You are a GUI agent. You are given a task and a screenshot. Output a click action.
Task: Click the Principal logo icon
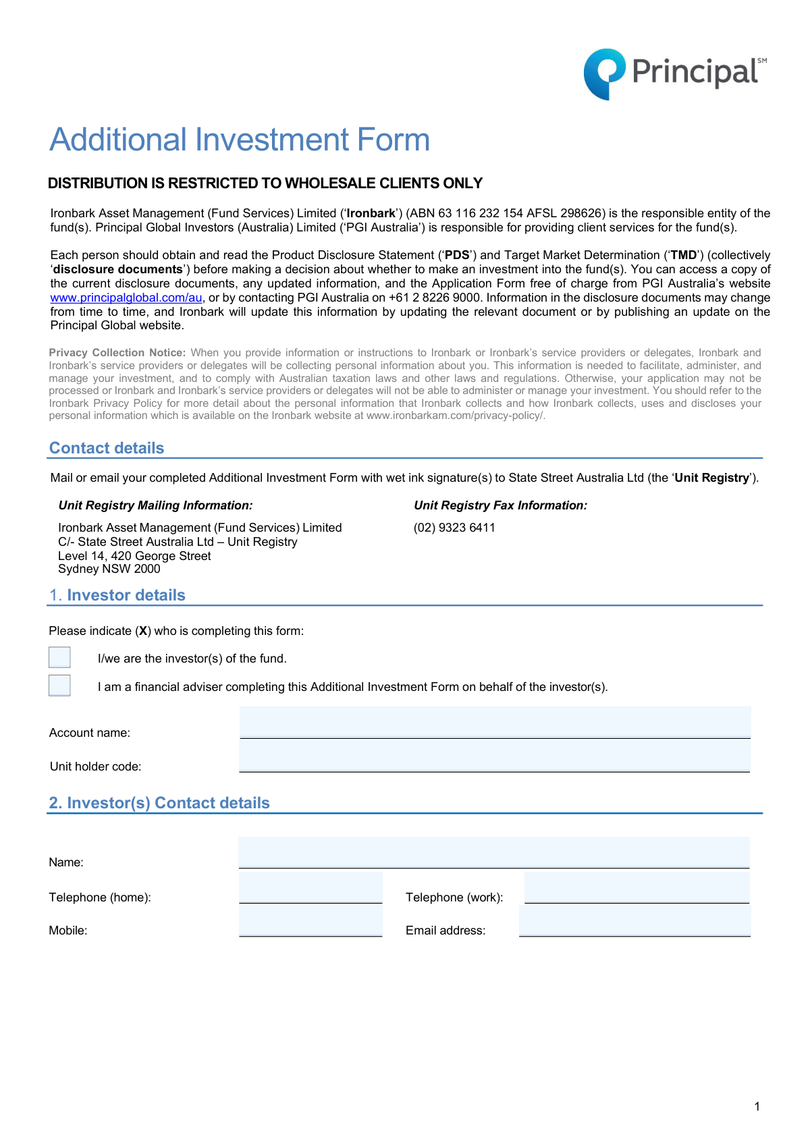pos(604,74)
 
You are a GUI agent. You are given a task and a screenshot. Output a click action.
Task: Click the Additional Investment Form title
pos(240,140)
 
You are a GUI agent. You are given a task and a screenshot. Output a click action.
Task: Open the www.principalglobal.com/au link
pos(126,298)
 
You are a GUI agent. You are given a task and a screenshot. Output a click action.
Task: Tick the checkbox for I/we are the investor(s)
pos(59,657)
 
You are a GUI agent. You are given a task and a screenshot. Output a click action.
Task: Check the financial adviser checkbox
pos(59,686)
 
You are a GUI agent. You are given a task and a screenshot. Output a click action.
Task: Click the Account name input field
pos(495,723)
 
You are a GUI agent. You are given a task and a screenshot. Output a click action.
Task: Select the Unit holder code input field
pos(495,756)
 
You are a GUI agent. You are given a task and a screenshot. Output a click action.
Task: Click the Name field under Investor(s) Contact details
pos(494,852)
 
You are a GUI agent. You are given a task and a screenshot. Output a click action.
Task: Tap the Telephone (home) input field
pos(310,887)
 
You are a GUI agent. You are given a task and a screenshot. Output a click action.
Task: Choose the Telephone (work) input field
pos(637,887)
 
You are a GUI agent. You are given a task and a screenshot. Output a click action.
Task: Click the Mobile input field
pos(310,921)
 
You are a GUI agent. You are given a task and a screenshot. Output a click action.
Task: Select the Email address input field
pos(634,921)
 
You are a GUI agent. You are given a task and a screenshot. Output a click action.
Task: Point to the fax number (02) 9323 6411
pos(454,528)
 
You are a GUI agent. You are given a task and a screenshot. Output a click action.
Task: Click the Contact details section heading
pos(107,448)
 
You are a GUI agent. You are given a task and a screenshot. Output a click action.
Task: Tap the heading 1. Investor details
pos(117,595)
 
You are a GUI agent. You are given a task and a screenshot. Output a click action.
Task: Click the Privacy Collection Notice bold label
pos(117,353)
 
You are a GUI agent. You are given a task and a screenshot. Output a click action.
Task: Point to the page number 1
pos(757,1107)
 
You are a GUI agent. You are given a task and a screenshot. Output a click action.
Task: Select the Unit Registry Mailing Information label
pos(155,505)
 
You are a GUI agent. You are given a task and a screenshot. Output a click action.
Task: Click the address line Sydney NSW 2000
pos(109,569)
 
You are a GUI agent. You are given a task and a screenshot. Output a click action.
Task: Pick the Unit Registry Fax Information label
pos(500,505)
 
